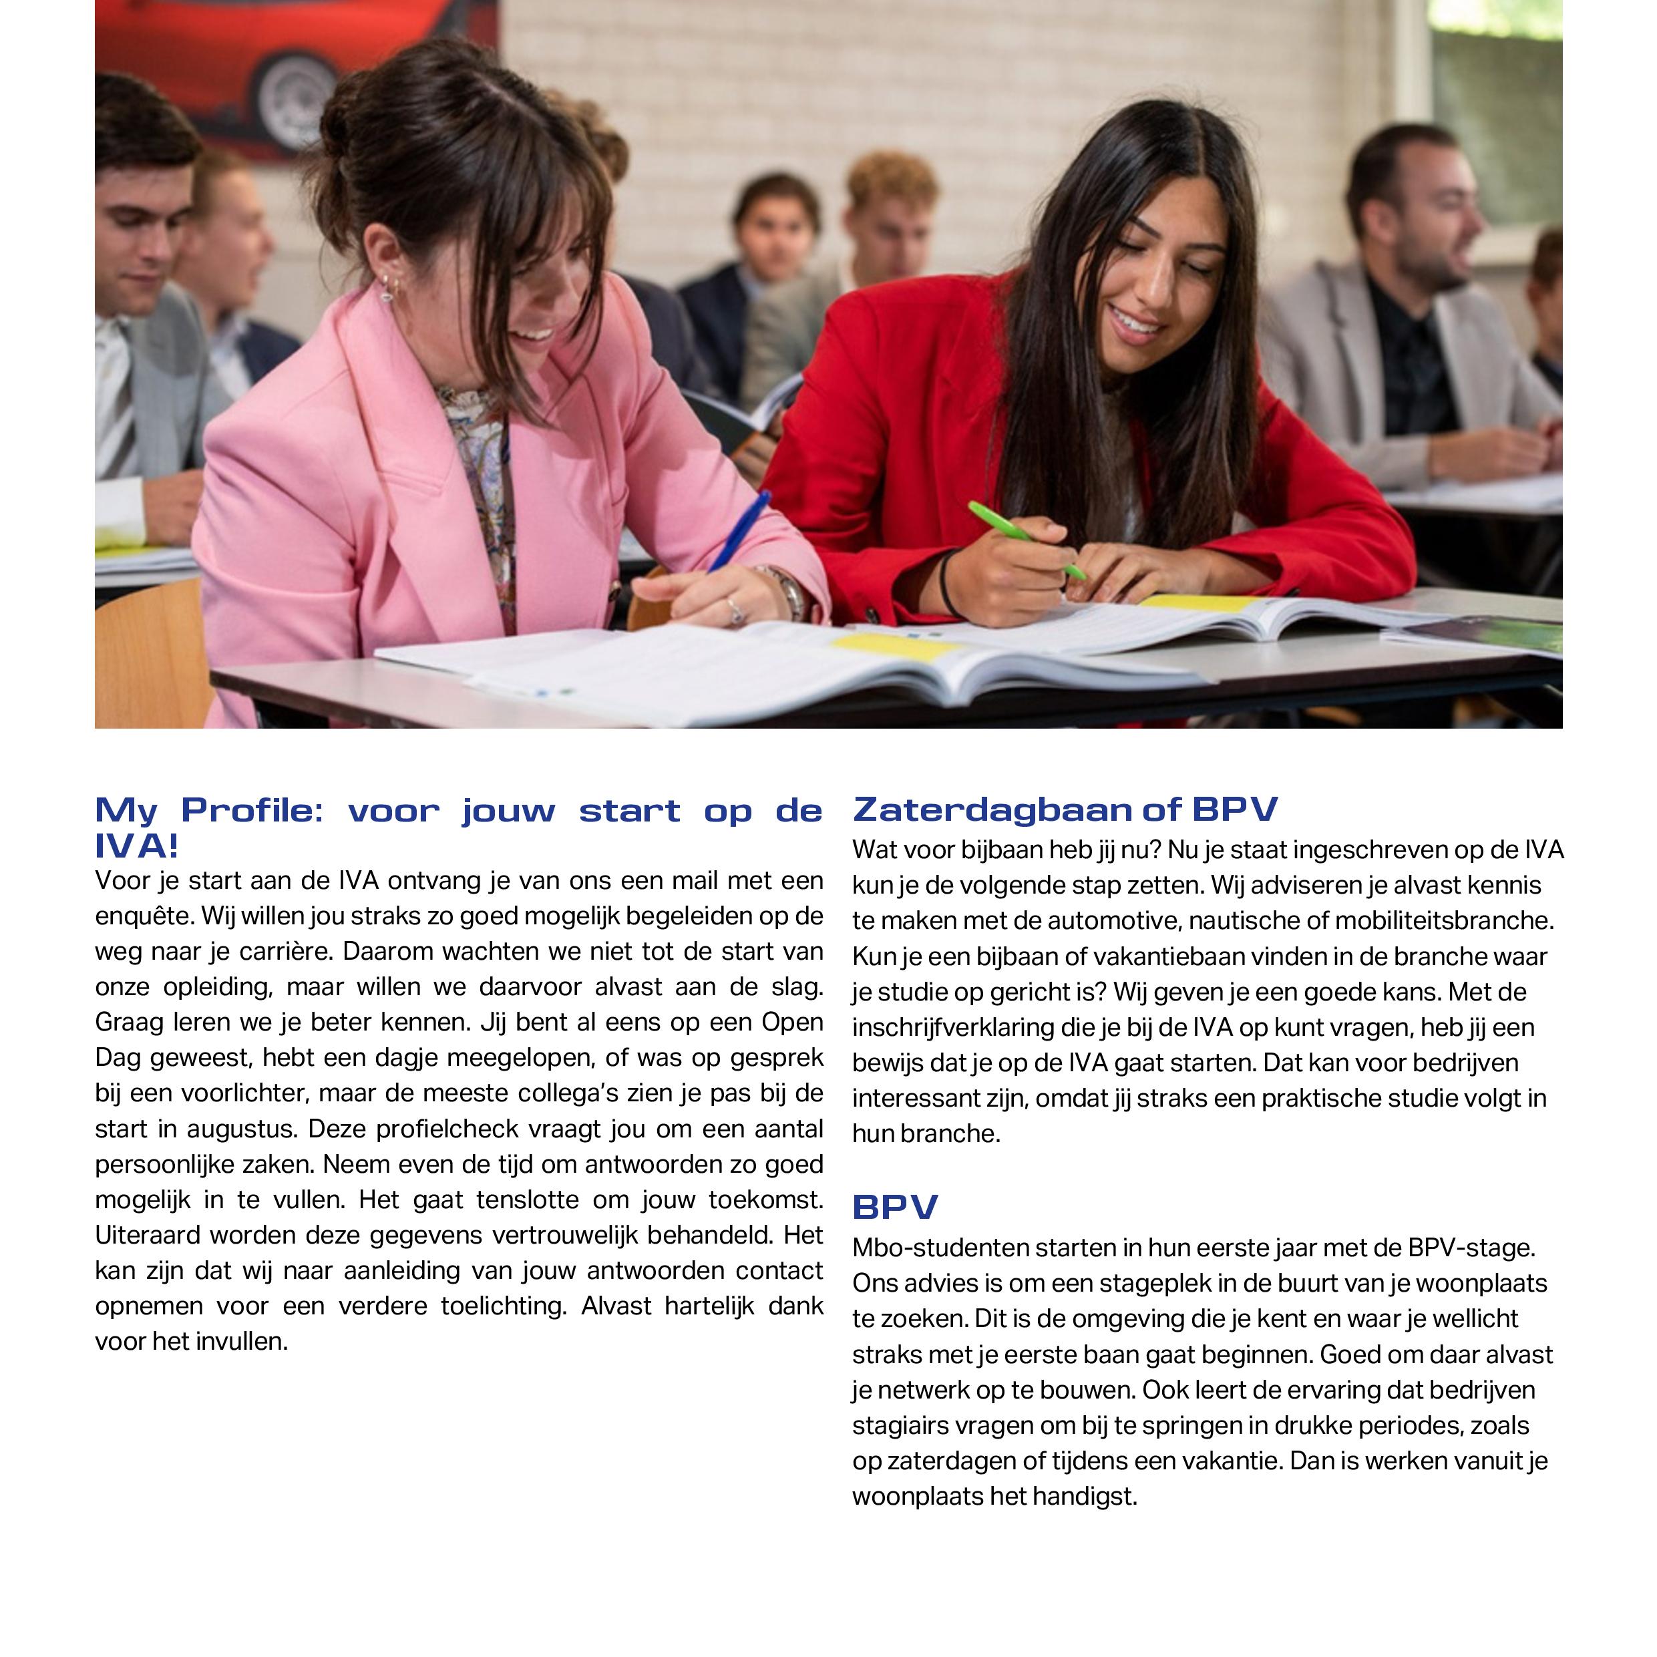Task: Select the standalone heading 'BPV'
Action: (x=894, y=1207)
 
